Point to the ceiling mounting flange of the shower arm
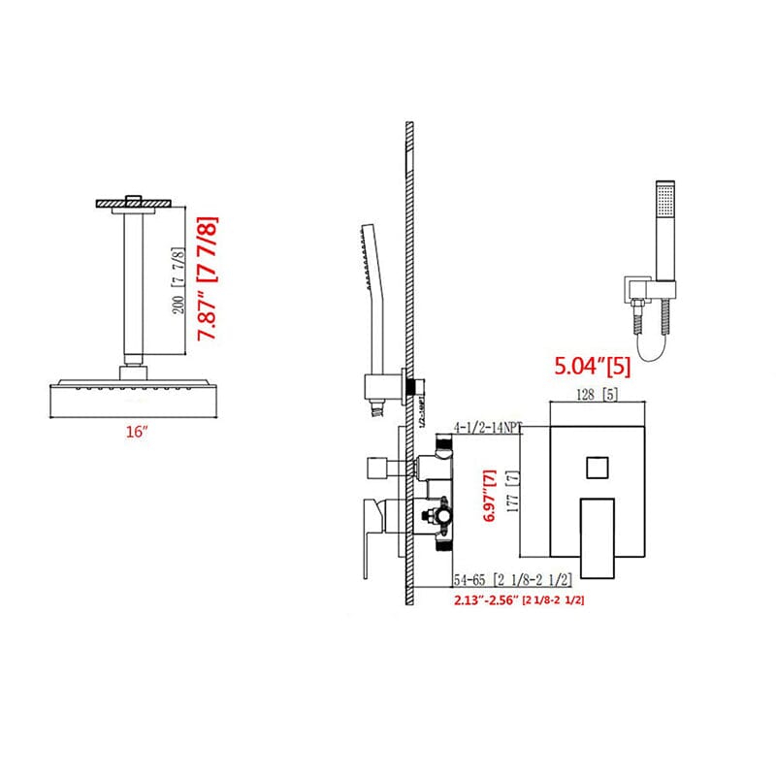[x=134, y=203]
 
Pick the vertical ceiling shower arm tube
[x=134, y=285]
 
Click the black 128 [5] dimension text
[x=585, y=395]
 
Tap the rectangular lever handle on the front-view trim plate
[x=598, y=533]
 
